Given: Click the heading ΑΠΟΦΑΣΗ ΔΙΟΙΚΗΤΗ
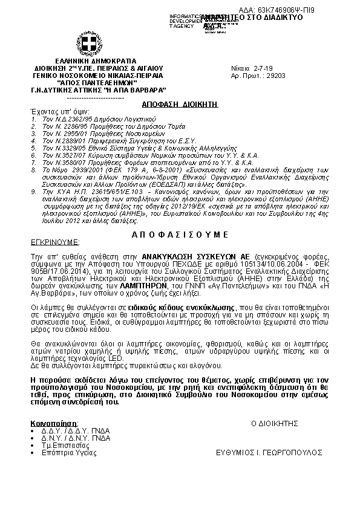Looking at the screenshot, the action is click(175, 104).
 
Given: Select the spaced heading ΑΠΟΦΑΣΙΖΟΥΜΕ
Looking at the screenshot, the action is click(179, 233).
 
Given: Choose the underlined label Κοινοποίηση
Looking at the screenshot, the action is click(54, 423).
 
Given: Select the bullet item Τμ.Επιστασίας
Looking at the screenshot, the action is click(61, 445).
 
